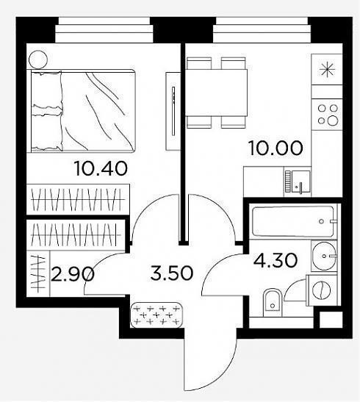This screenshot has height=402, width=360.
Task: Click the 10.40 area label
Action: (101, 168)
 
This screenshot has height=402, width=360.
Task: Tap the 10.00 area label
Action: (276, 148)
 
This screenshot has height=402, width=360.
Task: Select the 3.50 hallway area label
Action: (171, 273)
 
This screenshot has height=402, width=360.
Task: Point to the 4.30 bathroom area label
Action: (276, 260)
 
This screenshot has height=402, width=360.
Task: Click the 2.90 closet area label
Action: (73, 274)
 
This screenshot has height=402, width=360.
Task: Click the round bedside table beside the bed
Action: (38, 60)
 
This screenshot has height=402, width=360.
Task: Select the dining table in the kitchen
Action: (216, 93)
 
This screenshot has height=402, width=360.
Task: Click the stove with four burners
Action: (327, 115)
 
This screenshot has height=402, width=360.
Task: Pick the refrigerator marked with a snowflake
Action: (327, 69)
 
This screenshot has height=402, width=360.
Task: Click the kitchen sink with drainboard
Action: (298, 182)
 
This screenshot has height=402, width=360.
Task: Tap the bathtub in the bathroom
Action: (293, 221)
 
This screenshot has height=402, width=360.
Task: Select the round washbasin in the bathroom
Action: (324, 256)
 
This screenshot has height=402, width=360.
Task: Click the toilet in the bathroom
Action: (273, 304)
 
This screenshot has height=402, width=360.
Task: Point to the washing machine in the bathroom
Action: (323, 290)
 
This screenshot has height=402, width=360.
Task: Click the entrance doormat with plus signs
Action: (156, 315)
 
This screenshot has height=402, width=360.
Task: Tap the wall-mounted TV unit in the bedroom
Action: (173, 111)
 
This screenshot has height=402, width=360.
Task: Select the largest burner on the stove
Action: (333, 120)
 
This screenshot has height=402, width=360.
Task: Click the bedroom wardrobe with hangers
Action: (78, 199)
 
